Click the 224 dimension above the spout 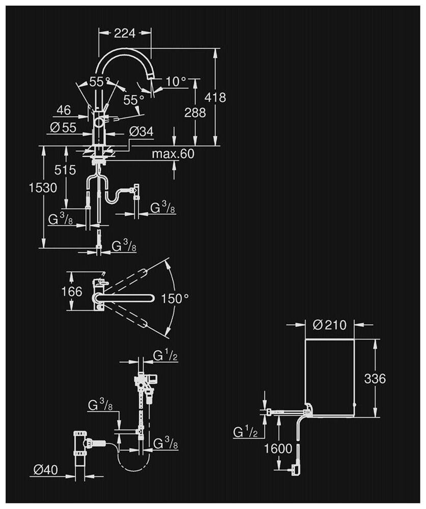click(x=125, y=34)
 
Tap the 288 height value click(x=195, y=112)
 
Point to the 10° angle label click(x=176, y=80)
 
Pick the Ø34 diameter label click(x=141, y=131)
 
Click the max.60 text click(x=173, y=154)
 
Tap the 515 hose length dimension click(x=67, y=170)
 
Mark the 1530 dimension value click(x=42, y=187)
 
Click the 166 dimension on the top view click(x=72, y=292)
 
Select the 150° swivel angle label click(x=175, y=298)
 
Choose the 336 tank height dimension click(x=375, y=379)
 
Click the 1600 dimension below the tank click(x=278, y=448)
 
